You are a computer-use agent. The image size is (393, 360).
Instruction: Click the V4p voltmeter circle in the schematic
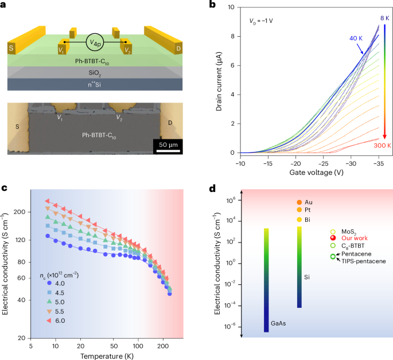(94, 41)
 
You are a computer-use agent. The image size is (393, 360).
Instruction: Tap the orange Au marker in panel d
(299, 202)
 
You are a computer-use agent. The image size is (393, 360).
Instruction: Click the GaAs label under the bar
(266, 339)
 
